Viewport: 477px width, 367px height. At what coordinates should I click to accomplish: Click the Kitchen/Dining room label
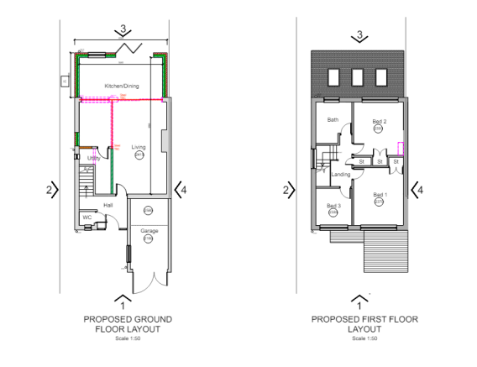tap(121, 86)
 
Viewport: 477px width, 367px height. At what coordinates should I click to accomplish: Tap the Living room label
tap(139, 147)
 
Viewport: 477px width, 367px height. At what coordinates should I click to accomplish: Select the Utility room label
tap(93, 157)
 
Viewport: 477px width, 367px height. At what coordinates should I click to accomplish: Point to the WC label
tap(86, 217)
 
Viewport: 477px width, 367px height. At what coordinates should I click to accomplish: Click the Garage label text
tap(149, 230)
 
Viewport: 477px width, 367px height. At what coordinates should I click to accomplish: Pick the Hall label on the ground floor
tap(107, 203)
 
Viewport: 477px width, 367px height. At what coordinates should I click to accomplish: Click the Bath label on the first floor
tap(333, 120)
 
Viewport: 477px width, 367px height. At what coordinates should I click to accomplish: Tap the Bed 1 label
tap(379, 194)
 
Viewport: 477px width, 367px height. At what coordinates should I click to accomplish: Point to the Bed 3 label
tap(333, 205)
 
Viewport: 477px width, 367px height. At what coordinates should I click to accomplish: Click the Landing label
tap(341, 174)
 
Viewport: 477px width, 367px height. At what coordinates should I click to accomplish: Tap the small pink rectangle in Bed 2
tap(401, 149)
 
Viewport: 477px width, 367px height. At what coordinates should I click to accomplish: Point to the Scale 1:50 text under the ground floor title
tap(123, 338)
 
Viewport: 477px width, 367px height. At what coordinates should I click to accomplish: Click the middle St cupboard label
tap(380, 161)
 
